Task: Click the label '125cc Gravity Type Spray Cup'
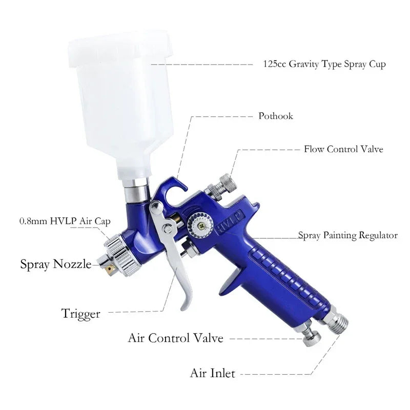pyautogui.click(x=324, y=65)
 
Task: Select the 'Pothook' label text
pyautogui.click(x=276, y=116)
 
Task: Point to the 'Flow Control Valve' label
pyautogui.click(x=343, y=149)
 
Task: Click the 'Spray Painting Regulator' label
pyautogui.click(x=348, y=235)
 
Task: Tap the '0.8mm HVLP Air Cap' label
pyautogui.click(x=65, y=221)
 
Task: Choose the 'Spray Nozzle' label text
pyautogui.click(x=55, y=264)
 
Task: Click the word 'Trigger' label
pyautogui.click(x=80, y=313)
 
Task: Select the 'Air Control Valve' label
pyautogui.click(x=175, y=338)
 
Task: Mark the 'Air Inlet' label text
pyautogui.click(x=212, y=373)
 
